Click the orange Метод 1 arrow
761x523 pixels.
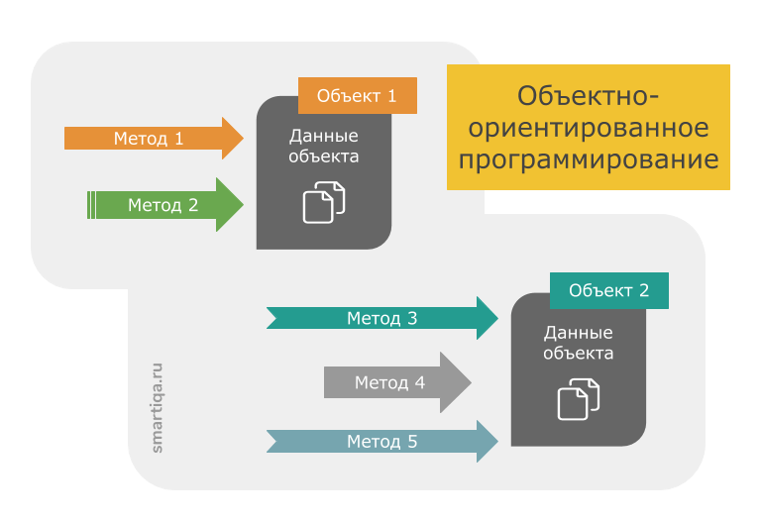coord(149,139)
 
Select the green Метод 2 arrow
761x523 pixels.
coord(163,205)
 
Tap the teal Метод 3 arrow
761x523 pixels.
coord(381,318)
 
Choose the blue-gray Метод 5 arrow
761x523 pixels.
coord(381,441)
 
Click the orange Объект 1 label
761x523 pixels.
coord(357,96)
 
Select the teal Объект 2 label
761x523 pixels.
coord(608,291)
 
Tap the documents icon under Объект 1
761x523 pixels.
coord(324,201)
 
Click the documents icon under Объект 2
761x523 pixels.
coord(579,398)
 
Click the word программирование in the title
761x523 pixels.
coord(589,159)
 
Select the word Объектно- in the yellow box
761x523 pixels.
coord(589,97)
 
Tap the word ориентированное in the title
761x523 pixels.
coord(589,129)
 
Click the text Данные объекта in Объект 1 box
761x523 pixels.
coord(324,147)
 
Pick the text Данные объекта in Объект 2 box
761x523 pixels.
coord(579,343)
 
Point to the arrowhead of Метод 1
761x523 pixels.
coord(232,139)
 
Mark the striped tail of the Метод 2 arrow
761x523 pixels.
coord(91,205)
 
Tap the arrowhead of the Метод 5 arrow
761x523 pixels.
coord(487,441)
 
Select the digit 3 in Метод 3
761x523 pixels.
coord(412,318)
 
